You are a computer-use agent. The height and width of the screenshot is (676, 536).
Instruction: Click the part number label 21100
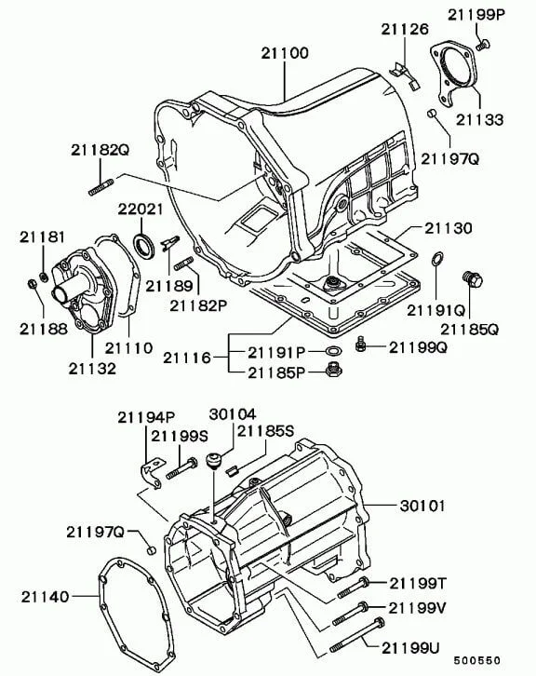click(285, 53)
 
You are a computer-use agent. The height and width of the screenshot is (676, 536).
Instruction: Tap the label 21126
click(405, 29)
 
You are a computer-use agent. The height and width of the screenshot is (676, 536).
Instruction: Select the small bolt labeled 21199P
click(483, 44)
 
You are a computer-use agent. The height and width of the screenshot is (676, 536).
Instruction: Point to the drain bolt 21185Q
click(472, 279)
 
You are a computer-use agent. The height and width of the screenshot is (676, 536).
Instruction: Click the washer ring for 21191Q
click(436, 259)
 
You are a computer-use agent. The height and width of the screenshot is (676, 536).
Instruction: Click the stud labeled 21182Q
click(101, 187)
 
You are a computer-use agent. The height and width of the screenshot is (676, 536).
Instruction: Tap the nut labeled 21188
click(32, 284)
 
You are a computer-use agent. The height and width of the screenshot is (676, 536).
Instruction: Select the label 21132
click(92, 368)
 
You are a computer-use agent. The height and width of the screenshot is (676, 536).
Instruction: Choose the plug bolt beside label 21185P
click(332, 370)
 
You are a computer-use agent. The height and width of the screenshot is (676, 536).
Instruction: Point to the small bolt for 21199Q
click(361, 344)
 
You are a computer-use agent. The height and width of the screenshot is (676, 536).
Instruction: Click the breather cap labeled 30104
click(214, 461)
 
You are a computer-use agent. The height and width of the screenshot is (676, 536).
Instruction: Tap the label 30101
click(422, 506)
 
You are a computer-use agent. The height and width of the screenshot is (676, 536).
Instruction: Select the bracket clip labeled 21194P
click(153, 473)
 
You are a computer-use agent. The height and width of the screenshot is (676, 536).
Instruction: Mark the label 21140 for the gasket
click(46, 597)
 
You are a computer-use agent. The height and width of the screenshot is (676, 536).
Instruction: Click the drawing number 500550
click(477, 660)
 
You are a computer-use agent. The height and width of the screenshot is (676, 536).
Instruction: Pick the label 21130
click(449, 228)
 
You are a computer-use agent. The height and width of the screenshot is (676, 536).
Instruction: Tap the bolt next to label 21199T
click(353, 588)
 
